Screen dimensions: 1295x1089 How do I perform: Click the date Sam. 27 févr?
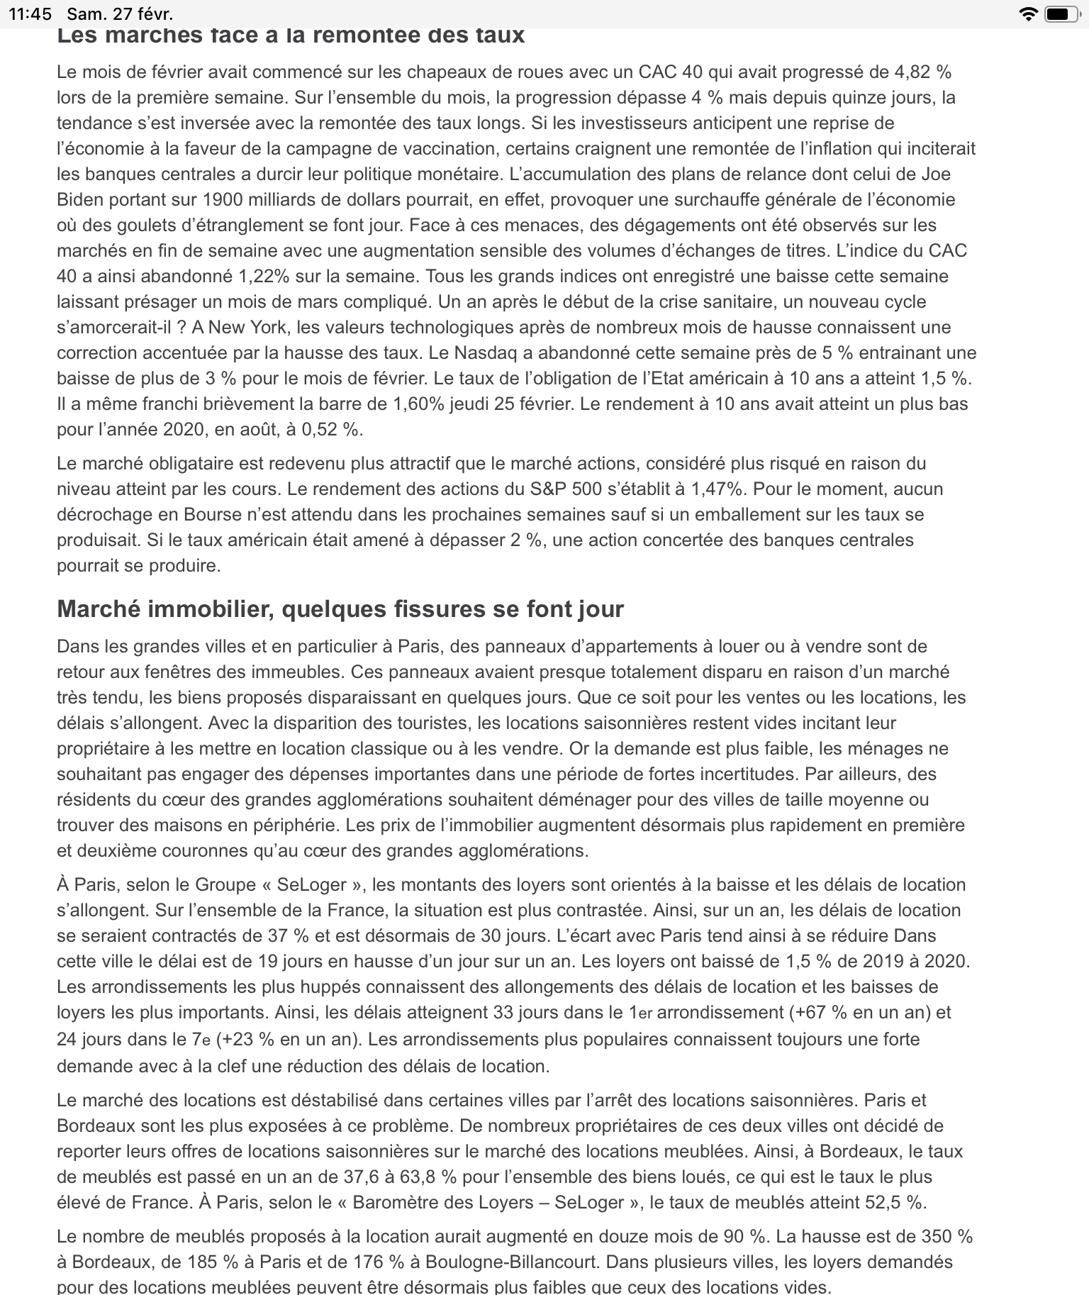(x=119, y=13)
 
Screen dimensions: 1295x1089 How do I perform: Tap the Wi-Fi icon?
(x=1027, y=13)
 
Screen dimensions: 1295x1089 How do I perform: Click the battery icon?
(x=1061, y=13)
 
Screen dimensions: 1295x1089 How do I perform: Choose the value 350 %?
(x=946, y=1237)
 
